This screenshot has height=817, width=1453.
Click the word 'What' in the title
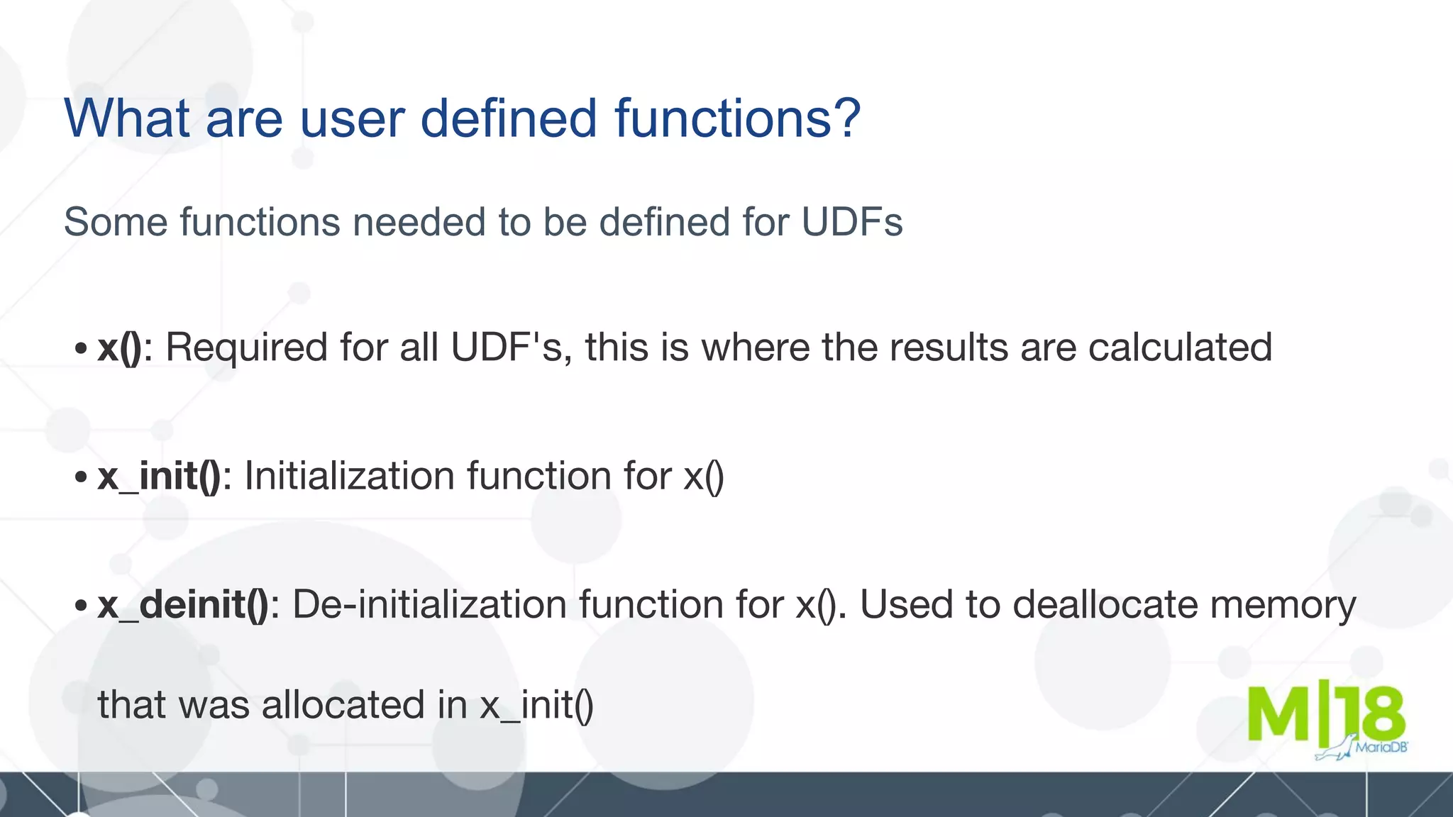click(127, 118)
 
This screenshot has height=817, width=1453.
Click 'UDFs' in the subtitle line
click(851, 221)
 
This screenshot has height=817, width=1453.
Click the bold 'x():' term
click(125, 348)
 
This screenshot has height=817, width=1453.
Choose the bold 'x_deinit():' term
click(189, 605)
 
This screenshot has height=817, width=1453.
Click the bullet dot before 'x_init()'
click(81, 477)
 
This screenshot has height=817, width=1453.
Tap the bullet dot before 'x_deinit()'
click(81, 606)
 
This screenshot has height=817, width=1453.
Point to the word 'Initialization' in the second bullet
click(350, 476)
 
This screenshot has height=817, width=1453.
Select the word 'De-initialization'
click(430, 605)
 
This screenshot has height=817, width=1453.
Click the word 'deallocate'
click(1105, 605)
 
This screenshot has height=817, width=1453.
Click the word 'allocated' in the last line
click(344, 705)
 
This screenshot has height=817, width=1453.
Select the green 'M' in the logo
click(1279, 713)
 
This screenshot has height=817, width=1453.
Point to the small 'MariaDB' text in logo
click(1381, 747)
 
